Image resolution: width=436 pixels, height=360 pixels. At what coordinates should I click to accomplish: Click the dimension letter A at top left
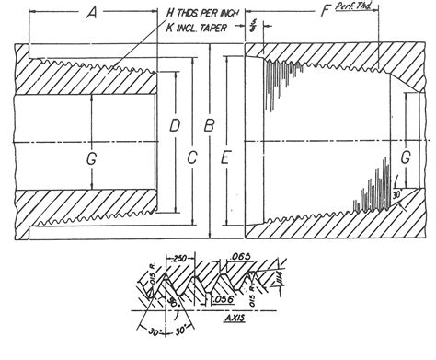pyautogui.click(x=92, y=14)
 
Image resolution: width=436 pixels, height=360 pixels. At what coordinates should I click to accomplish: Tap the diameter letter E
pyautogui.click(x=225, y=157)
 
